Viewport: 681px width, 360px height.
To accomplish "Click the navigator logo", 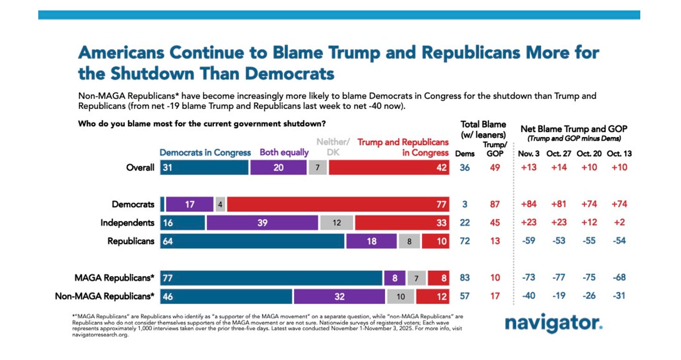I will tap(553, 324).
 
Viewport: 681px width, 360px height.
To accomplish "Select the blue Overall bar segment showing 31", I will tap(204, 167).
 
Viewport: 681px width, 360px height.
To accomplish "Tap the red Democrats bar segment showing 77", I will tap(339, 204).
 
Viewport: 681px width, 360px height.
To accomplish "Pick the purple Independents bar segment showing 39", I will tap(262, 223).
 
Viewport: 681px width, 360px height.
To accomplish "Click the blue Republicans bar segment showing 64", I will tap(252, 241).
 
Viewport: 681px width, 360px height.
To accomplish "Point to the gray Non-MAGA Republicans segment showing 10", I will tap(400, 296).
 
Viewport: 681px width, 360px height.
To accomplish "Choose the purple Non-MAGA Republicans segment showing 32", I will tap(339, 296).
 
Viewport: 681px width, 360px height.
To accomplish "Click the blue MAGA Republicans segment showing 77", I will tap(271, 278).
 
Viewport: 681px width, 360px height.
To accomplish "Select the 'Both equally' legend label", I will tap(284, 152).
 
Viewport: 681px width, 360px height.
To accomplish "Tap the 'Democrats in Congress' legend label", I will tap(205, 152).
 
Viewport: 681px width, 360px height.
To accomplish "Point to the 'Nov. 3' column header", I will tap(529, 153).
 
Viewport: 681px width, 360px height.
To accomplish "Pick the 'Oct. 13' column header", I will tap(617, 153).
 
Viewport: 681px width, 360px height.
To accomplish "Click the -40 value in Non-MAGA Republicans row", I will tap(529, 296).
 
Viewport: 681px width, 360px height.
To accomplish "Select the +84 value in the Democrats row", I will tap(529, 204).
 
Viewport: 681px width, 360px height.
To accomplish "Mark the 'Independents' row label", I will tap(127, 223).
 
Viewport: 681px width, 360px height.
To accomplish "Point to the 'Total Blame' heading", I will tap(483, 124).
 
